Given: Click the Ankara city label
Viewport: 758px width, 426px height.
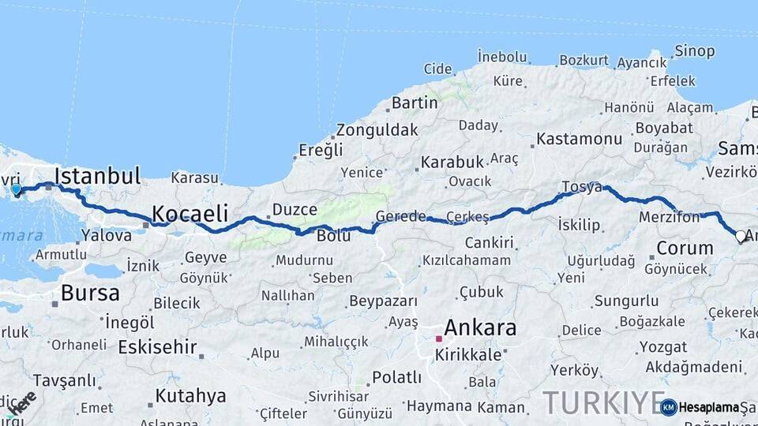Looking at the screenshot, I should click(480, 327).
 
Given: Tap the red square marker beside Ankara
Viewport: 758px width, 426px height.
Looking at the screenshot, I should click(438, 338).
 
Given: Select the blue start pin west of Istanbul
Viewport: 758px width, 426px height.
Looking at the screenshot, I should click(17, 189).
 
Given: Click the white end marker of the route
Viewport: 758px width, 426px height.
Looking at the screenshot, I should click(741, 235).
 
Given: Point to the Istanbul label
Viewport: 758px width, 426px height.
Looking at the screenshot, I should click(98, 176).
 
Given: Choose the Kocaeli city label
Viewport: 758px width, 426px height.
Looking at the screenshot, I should click(189, 213).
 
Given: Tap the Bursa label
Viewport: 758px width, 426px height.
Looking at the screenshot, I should click(90, 293).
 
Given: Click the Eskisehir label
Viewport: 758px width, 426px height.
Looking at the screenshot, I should click(157, 347).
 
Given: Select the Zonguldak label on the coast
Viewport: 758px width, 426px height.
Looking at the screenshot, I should click(377, 130).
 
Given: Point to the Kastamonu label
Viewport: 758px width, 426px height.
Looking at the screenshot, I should click(580, 139).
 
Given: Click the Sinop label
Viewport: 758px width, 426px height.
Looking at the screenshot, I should click(694, 51).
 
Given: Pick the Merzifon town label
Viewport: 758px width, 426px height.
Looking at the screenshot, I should click(669, 217).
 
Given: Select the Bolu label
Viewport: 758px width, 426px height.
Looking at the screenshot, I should click(333, 235).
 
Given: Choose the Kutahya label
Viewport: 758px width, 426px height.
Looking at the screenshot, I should click(190, 395).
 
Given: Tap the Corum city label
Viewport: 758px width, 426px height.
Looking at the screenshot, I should click(685, 248).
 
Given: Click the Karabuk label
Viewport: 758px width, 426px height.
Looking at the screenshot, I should click(452, 162).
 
